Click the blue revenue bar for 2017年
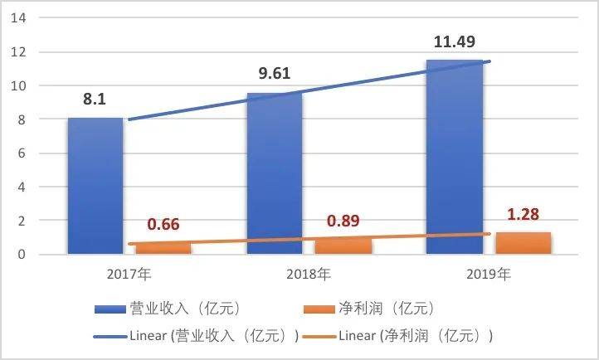pos(95,187)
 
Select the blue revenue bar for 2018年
pos(275,174)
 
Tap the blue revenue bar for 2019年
pos(454,158)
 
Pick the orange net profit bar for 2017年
pos(163,249)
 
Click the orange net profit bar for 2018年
pos(343,246)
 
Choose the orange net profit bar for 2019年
pos(523,243)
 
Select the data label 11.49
pos(452,41)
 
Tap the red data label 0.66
pos(163,225)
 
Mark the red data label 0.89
pos(343,221)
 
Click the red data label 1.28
pos(523,215)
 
